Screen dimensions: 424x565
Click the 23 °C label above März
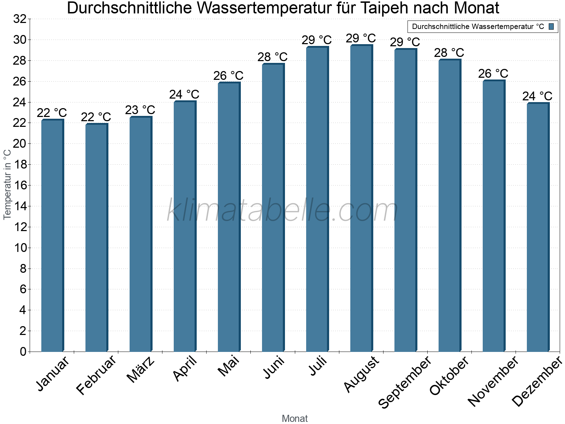140,110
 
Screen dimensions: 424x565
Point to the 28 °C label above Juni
273,57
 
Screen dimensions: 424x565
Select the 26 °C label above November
493,73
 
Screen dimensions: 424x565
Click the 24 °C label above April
184,94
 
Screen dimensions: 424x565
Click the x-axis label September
405,382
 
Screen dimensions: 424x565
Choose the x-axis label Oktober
449,376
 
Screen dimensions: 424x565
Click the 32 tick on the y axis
20,19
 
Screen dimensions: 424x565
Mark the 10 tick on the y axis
20,248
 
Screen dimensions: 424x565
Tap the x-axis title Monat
295,419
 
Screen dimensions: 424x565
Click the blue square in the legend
552,26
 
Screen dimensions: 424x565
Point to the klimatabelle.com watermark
282,211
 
